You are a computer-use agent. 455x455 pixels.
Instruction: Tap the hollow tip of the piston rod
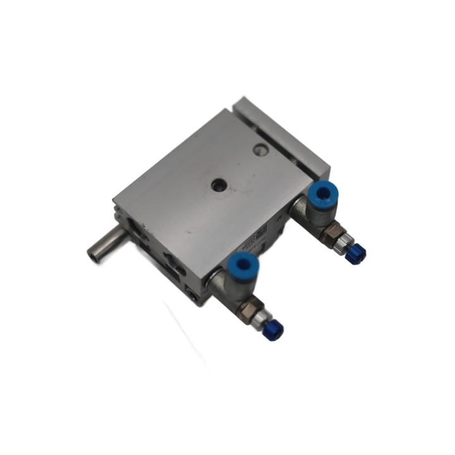point(92,255)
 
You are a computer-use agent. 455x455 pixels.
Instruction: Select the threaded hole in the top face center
point(217,185)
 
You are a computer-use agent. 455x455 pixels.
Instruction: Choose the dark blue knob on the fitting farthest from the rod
point(357,254)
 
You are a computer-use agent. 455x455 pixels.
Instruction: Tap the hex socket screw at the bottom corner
point(192,294)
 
